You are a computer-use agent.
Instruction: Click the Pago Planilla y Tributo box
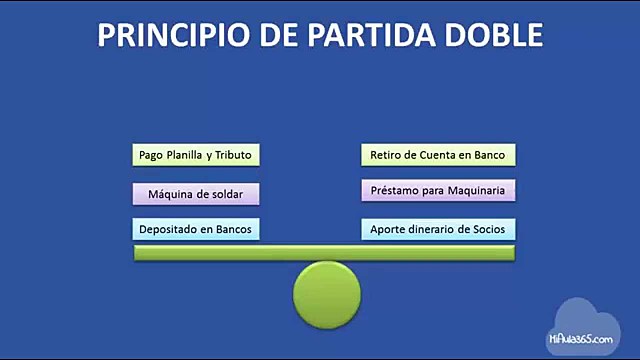(196, 155)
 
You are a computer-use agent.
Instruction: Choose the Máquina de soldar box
(196, 192)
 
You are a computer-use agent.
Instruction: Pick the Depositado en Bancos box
(196, 229)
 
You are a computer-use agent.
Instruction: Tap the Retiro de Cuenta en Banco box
(438, 155)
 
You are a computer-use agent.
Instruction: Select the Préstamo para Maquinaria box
(438, 191)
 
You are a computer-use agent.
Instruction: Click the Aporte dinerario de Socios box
(438, 229)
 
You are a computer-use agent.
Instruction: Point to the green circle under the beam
(327, 294)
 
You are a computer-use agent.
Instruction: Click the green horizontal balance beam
(325, 253)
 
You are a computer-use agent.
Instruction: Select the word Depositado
(169, 229)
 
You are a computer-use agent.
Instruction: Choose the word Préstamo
(393, 191)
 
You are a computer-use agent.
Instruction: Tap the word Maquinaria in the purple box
(478, 191)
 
